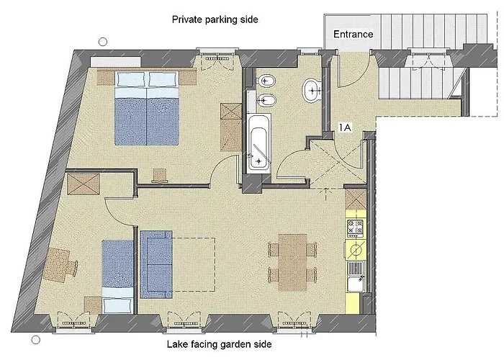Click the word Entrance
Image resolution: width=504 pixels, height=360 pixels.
click(x=353, y=34)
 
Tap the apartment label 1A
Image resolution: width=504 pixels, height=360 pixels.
click(x=345, y=127)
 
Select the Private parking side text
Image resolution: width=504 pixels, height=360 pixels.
click(x=215, y=19)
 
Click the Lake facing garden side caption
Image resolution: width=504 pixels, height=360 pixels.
click(x=219, y=345)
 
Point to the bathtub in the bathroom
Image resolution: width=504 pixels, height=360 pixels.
click(x=258, y=144)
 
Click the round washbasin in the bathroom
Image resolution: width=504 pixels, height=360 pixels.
click(x=311, y=90)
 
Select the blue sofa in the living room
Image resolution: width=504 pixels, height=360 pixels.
click(x=156, y=264)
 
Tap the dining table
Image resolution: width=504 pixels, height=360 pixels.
click(x=292, y=263)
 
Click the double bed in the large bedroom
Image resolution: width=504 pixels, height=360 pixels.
click(x=147, y=108)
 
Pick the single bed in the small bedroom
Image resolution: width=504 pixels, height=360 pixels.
click(x=117, y=276)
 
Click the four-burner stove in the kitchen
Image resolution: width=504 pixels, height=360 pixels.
click(x=356, y=228)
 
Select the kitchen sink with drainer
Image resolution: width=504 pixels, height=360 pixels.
click(x=356, y=276)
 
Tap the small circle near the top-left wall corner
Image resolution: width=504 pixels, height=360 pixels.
click(x=103, y=42)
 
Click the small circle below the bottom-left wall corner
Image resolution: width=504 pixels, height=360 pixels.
click(x=36, y=340)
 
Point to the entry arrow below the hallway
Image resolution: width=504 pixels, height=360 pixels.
click(x=326, y=194)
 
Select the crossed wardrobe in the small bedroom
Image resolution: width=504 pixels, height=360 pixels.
click(x=84, y=184)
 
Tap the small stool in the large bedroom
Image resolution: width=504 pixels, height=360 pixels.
click(x=160, y=176)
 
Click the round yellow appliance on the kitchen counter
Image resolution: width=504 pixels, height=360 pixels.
click(x=356, y=250)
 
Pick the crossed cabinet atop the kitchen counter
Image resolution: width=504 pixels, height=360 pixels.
click(x=356, y=199)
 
